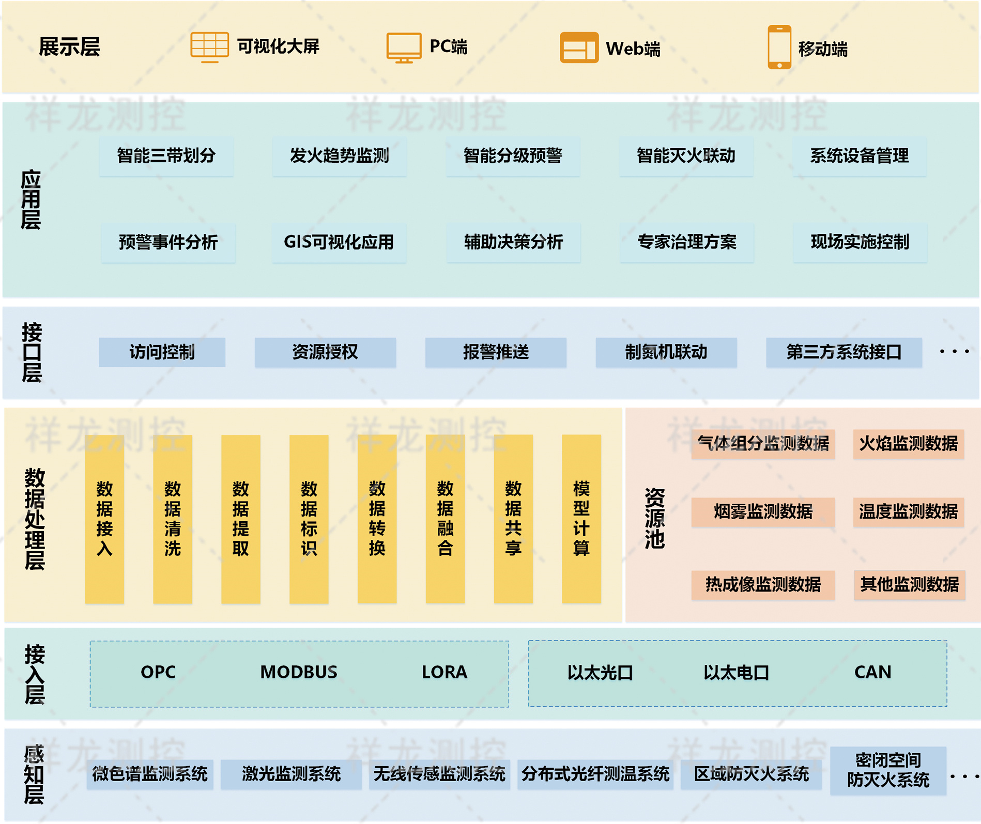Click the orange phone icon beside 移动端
(x=779, y=47)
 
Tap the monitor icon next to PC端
(x=404, y=48)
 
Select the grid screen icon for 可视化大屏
(x=209, y=47)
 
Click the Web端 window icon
(x=579, y=48)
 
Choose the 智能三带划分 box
(x=166, y=156)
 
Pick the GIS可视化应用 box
(x=339, y=242)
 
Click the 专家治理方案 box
(x=686, y=242)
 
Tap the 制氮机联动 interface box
(x=666, y=352)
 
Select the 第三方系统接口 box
(x=844, y=352)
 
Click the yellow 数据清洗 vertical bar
(x=173, y=519)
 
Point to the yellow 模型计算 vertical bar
(x=581, y=519)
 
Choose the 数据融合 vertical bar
(x=445, y=519)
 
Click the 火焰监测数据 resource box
(x=908, y=444)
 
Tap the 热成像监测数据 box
(x=763, y=585)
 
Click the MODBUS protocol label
(x=299, y=672)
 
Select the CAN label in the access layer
(x=872, y=672)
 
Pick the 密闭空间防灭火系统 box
(x=888, y=770)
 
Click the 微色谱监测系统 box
(x=150, y=774)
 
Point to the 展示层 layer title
(x=69, y=47)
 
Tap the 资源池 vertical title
(x=654, y=518)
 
